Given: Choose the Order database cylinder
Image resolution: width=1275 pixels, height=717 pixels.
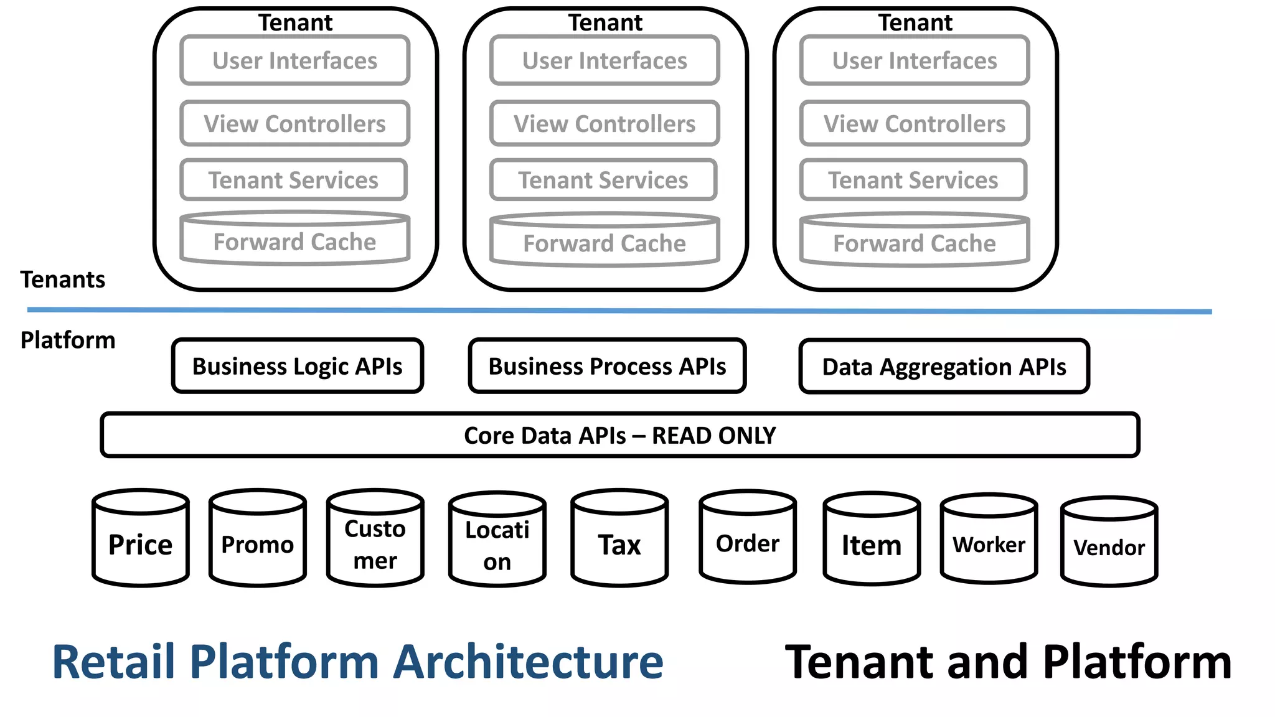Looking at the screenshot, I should click(x=747, y=541).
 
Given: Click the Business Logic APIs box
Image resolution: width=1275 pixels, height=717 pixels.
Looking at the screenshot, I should click(x=298, y=366).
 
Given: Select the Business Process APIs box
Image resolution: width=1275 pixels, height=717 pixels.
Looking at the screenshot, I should click(x=607, y=366).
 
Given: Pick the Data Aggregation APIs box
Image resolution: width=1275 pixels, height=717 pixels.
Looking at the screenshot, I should click(x=944, y=367).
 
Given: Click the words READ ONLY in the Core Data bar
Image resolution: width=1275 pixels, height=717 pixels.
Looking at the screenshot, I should click(x=713, y=435).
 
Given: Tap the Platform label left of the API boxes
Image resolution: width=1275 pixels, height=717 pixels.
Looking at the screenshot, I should click(x=68, y=340).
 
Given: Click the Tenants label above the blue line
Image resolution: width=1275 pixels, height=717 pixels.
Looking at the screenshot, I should click(x=62, y=279).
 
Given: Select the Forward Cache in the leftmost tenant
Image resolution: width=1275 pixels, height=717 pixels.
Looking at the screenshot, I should click(x=294, y=241).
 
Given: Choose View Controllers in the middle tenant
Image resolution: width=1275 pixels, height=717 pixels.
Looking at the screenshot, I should click(x=605, y=123).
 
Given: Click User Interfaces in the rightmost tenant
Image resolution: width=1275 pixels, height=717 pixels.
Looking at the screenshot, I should click(x=914, y=60).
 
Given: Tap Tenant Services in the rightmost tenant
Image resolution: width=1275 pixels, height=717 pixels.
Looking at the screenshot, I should click(x=913, y=180).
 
